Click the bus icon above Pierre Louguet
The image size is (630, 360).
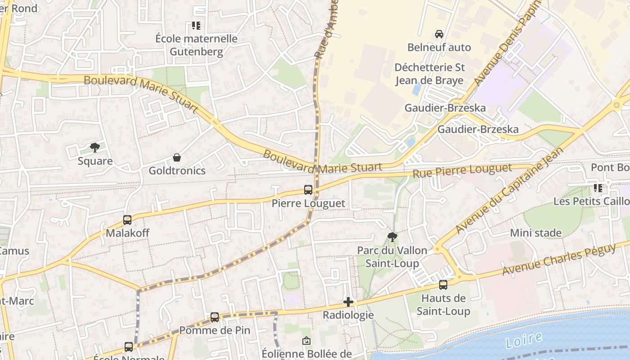pos(308,190)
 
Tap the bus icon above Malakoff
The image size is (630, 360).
pos(127,220)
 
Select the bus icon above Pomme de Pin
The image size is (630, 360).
pos(215,317)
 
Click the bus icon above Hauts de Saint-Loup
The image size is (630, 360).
pos(443,285)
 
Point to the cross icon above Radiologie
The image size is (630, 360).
pos(348,302)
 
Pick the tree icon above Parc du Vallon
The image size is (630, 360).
pos(392,237)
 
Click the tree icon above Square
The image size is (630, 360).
pos(95,148)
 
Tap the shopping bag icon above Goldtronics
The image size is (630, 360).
pos(177,157)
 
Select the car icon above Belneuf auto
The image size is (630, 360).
pos(439,34)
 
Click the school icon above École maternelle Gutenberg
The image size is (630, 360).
pos(196,26)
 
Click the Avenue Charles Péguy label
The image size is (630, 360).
pos(559,260)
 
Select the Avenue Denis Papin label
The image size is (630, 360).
pos(506,43)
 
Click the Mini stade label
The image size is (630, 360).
pos(535,233)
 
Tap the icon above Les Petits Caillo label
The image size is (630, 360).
pos(598,188)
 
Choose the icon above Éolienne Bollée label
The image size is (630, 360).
pos(306,341)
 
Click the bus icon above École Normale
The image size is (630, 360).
pos(129,347)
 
